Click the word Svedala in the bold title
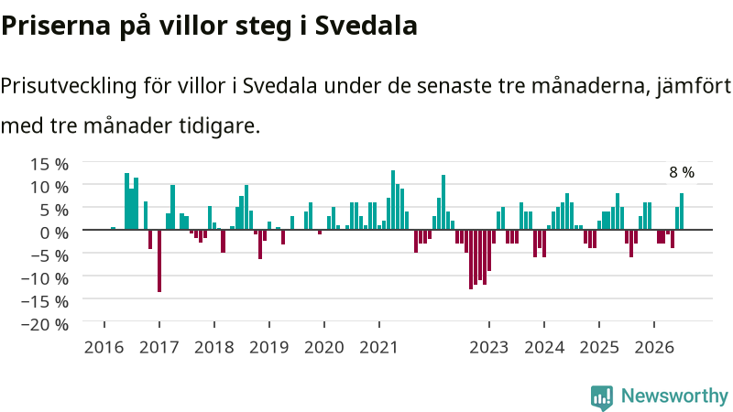(x=366, y=26)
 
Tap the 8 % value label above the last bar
(x=682, y=172)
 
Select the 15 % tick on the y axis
(x=49, y=164)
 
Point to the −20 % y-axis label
(x=45, y=324)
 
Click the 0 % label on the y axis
(x=54, y=233)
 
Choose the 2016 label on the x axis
(x=104, y=347)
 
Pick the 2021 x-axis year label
(x=378, y=347)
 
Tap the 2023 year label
(x=489, y=347)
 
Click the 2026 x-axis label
(x=654, y=347)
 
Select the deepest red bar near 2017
(x=159, y=261)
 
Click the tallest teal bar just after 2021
(x=393, y=200)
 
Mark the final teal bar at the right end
(x=682, y=211)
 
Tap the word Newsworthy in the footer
(x=674, y=396)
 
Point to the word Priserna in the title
(x=56, y=26)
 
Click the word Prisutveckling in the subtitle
(x=68, y=86)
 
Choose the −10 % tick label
(x=45, y=278)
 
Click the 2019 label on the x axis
(x=268, y=347)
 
